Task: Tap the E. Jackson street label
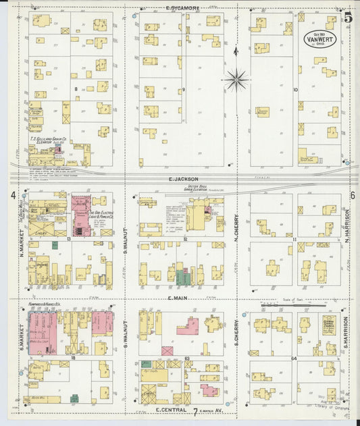click(x=182, y=179)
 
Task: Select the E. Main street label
click(x=182, y=298)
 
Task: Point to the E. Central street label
click(x=170, y=410)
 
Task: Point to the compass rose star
click(x=236, y=80)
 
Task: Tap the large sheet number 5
click(x=347, y=18)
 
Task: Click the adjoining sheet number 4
click(x=13, y=195)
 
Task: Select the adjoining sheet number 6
click(x=352, y=195)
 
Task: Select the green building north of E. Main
click(x=180, y=276)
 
